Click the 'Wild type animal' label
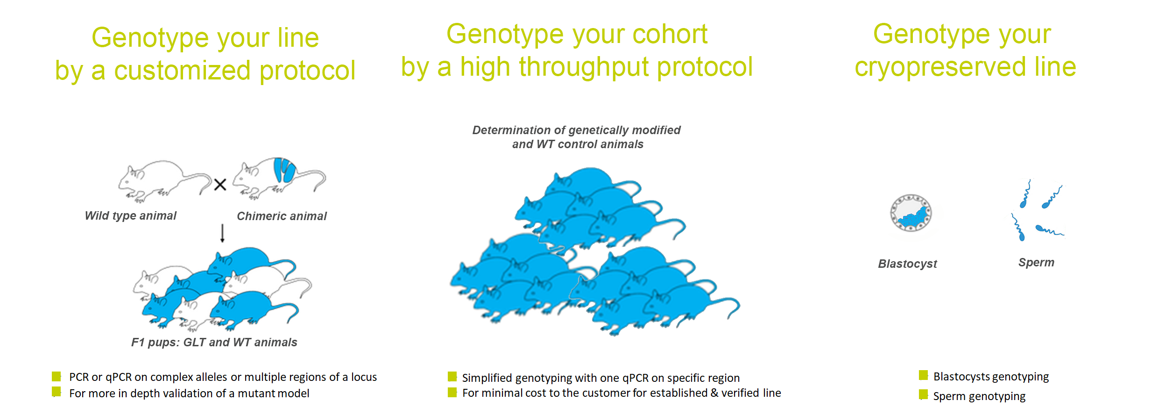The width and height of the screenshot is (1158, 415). [131, 215]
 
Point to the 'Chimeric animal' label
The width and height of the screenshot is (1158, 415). [282, 216]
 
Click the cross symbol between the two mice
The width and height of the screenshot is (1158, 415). [220, 185]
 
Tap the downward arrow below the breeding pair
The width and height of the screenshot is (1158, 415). [223, 233]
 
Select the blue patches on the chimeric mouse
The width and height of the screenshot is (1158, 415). [284, 170]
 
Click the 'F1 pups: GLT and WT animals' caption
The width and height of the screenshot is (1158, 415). [214, 343]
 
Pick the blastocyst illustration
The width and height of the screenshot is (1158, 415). [911, 213]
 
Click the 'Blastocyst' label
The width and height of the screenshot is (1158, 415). [907, 264]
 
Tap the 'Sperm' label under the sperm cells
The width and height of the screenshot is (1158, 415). [1036, 263]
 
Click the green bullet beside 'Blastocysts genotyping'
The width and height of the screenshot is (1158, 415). [923, 375]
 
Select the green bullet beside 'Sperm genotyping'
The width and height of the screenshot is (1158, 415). [923, 394]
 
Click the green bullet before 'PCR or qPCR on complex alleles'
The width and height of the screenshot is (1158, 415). [56, 376]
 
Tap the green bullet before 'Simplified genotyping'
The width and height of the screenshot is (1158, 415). [452, 377]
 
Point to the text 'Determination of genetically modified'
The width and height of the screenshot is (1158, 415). [576, 130]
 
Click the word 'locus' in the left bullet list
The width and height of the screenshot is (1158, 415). [364, 377]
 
